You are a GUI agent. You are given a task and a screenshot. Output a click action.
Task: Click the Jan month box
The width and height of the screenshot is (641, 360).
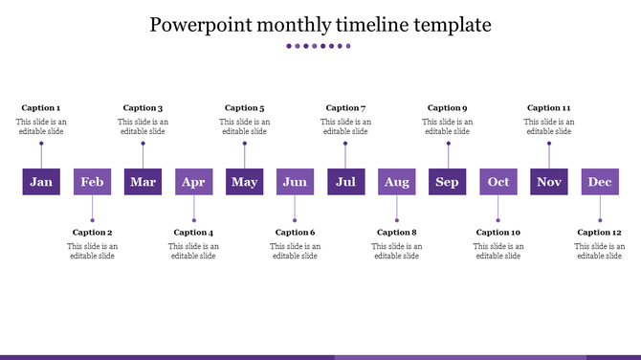[x=41, y=182]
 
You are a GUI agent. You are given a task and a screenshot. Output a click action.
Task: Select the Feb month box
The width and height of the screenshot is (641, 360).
[x=92, y=182]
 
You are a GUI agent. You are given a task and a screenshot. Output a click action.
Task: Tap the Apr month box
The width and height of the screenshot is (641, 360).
[x=193, y=182]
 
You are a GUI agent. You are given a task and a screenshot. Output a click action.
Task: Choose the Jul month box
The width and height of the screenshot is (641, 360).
[x=345, y=182]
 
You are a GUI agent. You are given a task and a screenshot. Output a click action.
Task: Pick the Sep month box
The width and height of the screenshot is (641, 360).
[x=447, y=182]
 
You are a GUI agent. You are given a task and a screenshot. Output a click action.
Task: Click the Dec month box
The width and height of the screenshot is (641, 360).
[x=600, y=182]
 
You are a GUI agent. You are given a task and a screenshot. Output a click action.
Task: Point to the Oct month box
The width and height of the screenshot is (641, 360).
[x=498, y=182]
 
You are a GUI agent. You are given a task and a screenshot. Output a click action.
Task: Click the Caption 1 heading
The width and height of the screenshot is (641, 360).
[x=41, y=108]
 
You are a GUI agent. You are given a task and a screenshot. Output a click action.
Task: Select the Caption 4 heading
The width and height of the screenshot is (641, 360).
[x=193, y=233]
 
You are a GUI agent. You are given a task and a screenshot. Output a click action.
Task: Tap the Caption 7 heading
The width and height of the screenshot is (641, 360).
[x=345, y=108]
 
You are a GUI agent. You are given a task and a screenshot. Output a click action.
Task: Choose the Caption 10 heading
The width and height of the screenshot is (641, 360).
[x=498, y=233]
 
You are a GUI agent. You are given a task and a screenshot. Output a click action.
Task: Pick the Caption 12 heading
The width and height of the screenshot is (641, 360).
[x=600, y=233]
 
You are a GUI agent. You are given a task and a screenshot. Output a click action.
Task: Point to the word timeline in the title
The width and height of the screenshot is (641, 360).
[x=357, y=24]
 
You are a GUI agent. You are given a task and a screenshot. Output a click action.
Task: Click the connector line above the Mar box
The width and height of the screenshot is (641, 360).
[x=143, y=156]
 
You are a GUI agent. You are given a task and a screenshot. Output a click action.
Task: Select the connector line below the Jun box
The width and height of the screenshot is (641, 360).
[x=295, y=208]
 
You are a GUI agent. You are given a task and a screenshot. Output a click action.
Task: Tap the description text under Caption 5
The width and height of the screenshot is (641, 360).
[x=244, y=126]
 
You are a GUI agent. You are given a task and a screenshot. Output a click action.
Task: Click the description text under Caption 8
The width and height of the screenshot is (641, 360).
[x=396, y=251]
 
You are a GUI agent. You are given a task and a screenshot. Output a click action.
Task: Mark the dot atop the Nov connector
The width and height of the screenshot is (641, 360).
[x=549, y=144]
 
